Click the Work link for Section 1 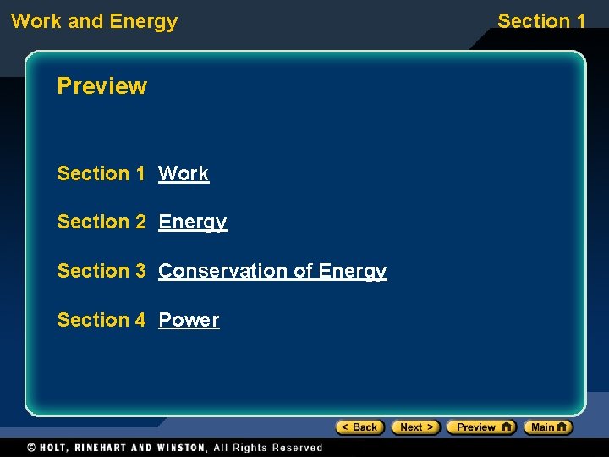(x=184, y=173)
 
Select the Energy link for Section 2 (x=193, y=222)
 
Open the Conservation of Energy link (x=272, y=271)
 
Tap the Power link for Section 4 (x=189, y=320)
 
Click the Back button (x=359, y=427)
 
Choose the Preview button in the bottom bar (x=480, y=427)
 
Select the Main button (x=547, y=427)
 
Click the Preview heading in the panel (x=101, y=86)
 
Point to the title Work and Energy (x=94, y=21)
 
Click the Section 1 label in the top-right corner (x=541, y=21)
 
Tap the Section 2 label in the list (x=101, y=222)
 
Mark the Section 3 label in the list (x=101, y=271)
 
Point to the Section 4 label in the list (x=101, y=320)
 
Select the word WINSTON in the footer (x=179, y=448)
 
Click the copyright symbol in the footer (x=31, y=448)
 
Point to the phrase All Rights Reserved (x=268, y=448)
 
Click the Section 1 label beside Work (x=101, y=173)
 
